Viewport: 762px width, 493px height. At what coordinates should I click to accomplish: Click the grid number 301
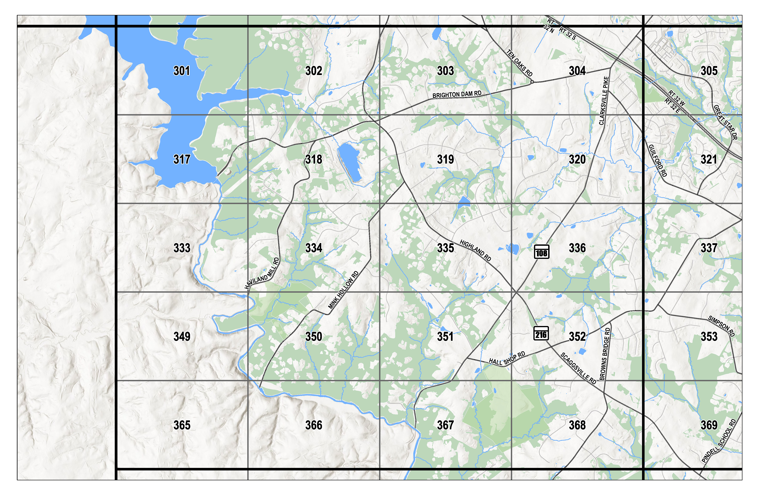tap(182, 71)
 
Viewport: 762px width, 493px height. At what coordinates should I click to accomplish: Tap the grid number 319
tap(445, 159)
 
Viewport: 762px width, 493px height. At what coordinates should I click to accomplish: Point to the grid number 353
tap(709, 336)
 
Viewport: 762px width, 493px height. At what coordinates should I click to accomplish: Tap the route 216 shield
tap(541, 333)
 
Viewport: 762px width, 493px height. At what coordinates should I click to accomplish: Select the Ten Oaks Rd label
tap(519, 63)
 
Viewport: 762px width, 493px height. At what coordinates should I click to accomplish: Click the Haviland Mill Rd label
tap(262, 274)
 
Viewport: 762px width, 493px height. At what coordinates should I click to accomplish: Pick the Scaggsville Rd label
tap(578, 368)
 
